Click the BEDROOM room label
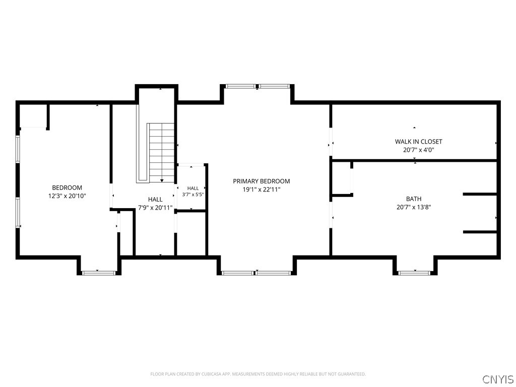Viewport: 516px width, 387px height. pyautogui.click(x=67, y=187)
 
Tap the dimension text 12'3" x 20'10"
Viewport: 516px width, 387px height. pyautogui.click(x=67, y=196)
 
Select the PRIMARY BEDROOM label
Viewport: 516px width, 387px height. pyautogui.click(x=262, y=181)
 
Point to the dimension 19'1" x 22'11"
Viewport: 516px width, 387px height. pyautogui.click(x=262, y=189)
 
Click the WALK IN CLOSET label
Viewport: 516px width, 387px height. pyautogui.click(x=419, y=142)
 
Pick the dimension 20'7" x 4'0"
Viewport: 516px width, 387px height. pyautogui.click(x=419, y=150)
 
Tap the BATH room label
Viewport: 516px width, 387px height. pyautogui.click(x=414, y=199)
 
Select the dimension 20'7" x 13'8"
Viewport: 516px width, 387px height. pyautogui.click(x=414, y=207)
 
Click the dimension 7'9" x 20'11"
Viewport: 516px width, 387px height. pyautogui.click(x=155, y=208)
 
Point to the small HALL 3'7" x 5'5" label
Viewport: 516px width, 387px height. pyautogui.click(x=193, y=191)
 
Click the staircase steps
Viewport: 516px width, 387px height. pyautogui.click(x=162, y=153)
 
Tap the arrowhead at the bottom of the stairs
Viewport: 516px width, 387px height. pyautogui.click(x=162, y=180)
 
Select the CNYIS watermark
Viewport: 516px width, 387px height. pyautogui.click(x=497, y=379)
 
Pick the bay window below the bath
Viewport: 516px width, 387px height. pyautogui.click(x=414, y=273)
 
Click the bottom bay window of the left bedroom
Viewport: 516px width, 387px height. pyautogui.click(x=98, y=273)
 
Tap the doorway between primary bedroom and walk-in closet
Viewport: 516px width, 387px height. pyautogui.click(x=331, y=142)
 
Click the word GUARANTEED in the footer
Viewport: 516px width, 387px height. pyautogui.click(x=352, y=374)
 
